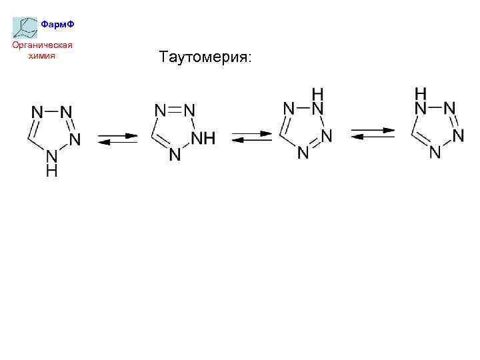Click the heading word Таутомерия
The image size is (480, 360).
click(x=205, y=58)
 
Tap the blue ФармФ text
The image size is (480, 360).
click(x=57, y=25)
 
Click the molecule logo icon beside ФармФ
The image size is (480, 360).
click(x=25, y=27)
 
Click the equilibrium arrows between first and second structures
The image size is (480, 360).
click(x=117, y=139)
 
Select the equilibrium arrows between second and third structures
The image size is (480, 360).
click(x=252, y=137)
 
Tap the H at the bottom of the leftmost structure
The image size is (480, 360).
click(x=51, y=171)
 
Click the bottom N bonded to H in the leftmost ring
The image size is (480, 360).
click(x=51, y=157)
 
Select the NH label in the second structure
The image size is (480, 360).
click(x=203, y=139)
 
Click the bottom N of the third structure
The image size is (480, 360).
click(x=303, y=153)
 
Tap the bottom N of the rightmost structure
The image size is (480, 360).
click(x=435, y=153)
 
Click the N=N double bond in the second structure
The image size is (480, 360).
click(x=174, y=110)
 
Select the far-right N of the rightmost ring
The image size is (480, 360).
click(x=458, y=135)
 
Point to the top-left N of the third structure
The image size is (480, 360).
click(x=289, y=108)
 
